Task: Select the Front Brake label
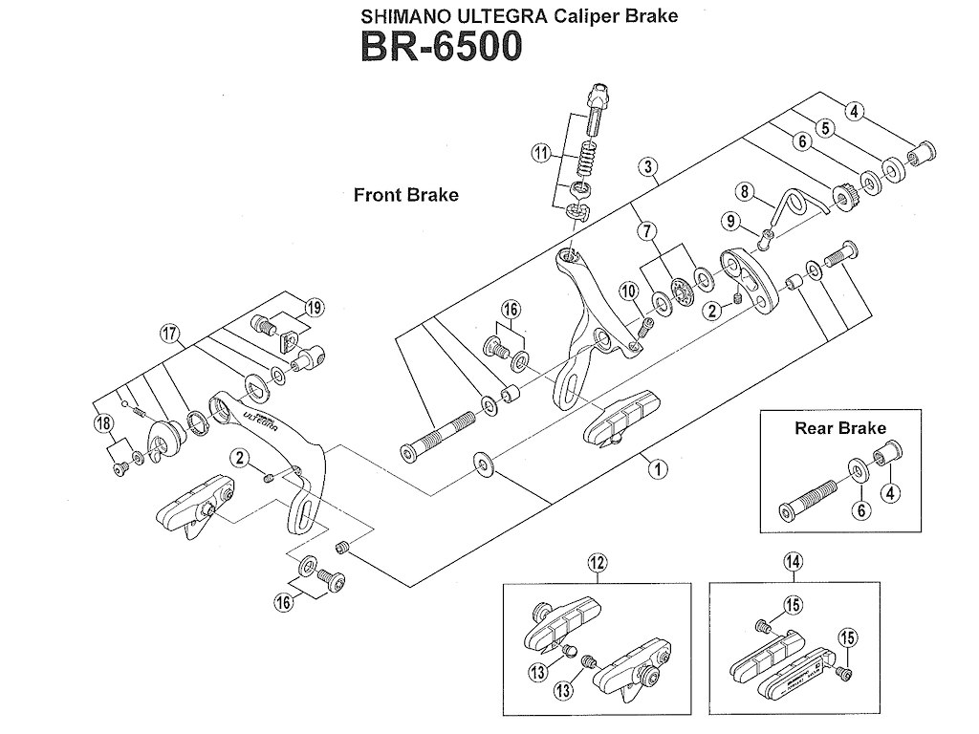[x=405, y=195]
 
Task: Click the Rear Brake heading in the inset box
[x=840, y=428]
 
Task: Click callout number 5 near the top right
[x=824, y=127]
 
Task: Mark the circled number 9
[x=732, y=223]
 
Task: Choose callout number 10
[x=628, y=290]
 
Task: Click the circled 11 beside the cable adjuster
[x=542, y=154]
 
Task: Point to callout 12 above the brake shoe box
[x=596, y=563]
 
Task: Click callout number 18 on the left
[x=103, y=422]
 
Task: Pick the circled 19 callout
[x=315, y=307]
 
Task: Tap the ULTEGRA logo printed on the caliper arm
[x=257, y=418]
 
